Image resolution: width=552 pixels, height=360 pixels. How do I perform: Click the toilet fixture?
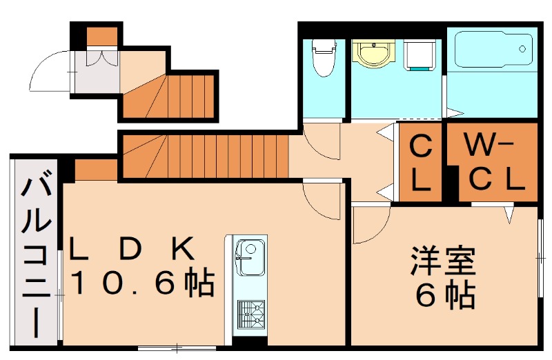click(x=322, y=58)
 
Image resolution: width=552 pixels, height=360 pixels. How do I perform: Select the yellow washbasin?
click(x=373, y=53)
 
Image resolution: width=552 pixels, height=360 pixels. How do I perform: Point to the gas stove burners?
click(x=249, y=314)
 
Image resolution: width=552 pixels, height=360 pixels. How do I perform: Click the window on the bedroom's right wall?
click(x=540, y=257)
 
